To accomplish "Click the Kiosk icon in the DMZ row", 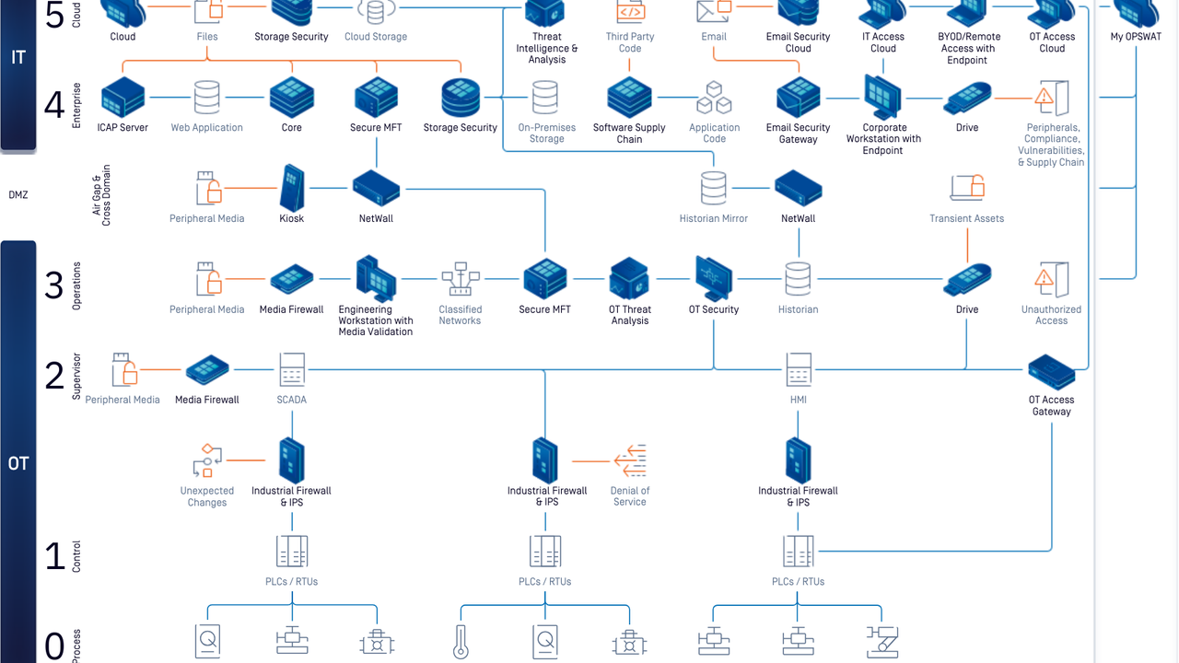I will [x=292, y=188].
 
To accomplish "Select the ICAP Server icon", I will [x=123, y=97].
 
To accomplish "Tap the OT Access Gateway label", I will [x=1051, y=405].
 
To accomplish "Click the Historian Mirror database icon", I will [x=714, y=188].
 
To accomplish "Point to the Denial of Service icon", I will [x=630, y=460].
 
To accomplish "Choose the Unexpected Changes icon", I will [x=206, y=460].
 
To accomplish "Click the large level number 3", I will [x=54, y=286].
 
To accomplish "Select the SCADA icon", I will [x=292, y=369].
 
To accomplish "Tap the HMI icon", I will [x=799, y=369].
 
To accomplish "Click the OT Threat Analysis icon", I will [x=630, y=278].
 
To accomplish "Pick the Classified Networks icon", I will [x=460, y=279].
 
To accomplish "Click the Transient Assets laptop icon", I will [x=967, y=188].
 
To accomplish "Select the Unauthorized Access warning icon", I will [x=1051, y=279].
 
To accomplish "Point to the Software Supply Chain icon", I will [x=630, y=97].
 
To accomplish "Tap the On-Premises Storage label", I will [x=546, y=133].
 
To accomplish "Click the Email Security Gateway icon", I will [x=799, y=97].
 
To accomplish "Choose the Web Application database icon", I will [x=206, y=97].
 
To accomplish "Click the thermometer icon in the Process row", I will [x=461, y=642].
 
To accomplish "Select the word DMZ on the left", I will [x=18, y=195].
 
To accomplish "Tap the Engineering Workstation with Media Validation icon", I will [x=376, y=279].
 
